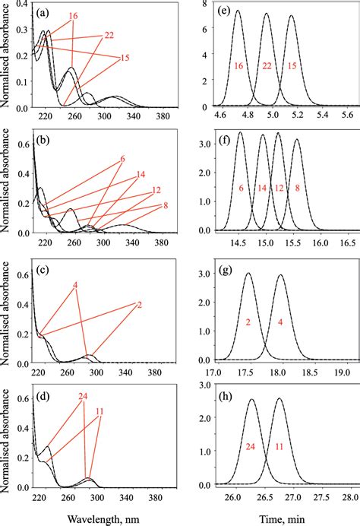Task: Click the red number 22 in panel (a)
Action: tap(109, 35)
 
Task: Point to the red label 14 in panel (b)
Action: tap(141, 176)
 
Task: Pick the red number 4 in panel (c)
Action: tap(75, 286)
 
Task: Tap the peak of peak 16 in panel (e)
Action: tap(237, 11)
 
